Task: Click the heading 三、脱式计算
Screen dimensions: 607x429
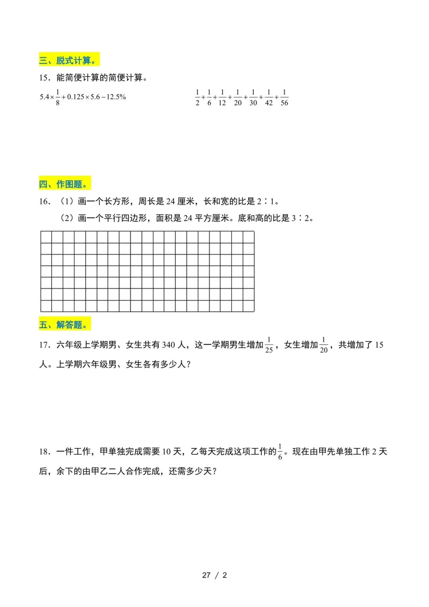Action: coord(69,60)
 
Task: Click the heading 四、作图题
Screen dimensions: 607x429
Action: coord(65,184)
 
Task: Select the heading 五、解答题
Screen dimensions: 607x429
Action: coord(65,325)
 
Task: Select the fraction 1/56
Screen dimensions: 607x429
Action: coord(284,97)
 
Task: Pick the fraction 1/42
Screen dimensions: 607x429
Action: coord(269,97)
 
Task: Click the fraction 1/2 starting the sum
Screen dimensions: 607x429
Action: coord(197,97)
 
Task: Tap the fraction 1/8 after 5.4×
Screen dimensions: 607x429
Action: coord(58,97)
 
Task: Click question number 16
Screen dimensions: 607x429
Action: coord(44,202)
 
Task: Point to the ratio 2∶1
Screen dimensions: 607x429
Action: coord(265,202)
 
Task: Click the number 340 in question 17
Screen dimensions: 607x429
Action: coord(168,345)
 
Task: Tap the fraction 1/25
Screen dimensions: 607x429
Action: coord(269,345)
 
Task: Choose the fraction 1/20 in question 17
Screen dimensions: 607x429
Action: coord(324,345)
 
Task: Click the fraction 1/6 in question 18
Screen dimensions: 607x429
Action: coord(280,452)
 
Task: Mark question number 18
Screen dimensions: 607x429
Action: coord(44,452)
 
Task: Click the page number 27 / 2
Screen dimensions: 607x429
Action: coord(214,575)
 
